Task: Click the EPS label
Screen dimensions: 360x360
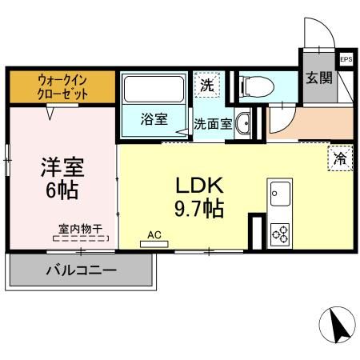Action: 346,59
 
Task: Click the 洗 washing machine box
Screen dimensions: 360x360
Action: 206,84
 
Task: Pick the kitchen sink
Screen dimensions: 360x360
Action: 280,194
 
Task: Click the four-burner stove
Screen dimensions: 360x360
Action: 280,233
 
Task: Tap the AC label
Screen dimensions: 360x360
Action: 154,236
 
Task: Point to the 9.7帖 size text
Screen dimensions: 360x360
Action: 202,210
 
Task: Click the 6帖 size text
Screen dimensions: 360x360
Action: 62,193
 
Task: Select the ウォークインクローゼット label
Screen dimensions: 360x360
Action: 62,86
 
